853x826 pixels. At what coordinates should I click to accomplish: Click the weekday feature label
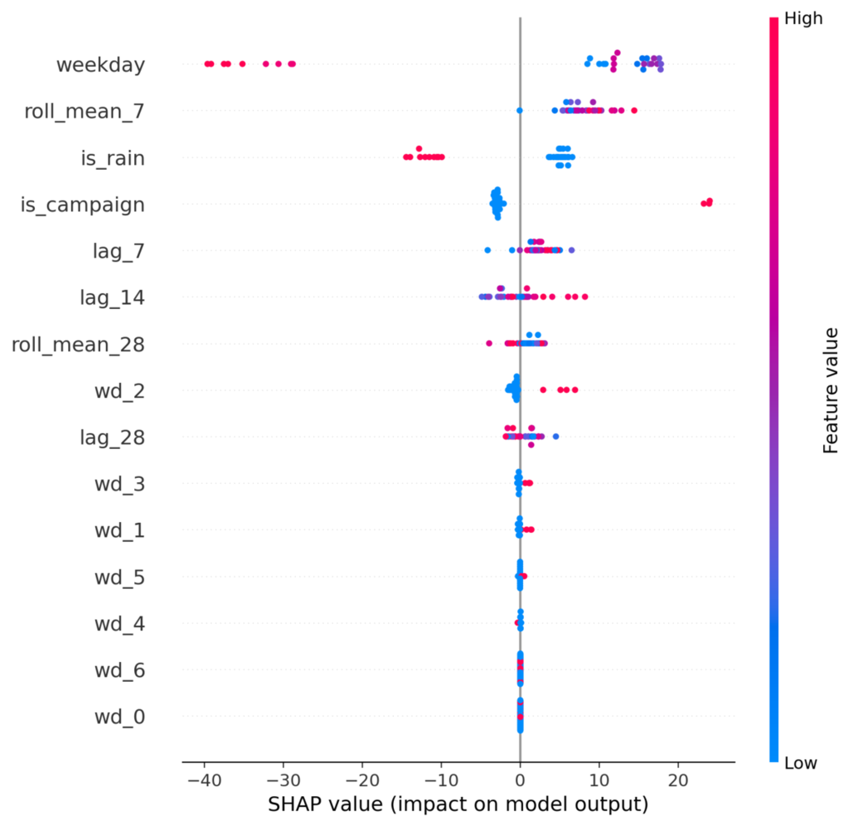(101, 65)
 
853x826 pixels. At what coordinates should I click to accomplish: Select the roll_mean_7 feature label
(84, 112)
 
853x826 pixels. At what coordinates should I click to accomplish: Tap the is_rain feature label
(112, 158)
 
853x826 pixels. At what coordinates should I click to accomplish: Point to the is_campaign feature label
(82, 205)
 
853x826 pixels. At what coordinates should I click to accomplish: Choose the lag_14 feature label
(112, 298)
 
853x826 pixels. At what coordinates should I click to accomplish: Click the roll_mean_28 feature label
(78, 345)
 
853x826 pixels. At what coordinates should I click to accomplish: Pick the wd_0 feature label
(120, 717)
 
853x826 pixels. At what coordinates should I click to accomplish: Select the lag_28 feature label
(112, 437)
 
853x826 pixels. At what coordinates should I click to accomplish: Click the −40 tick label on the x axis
(204, 781)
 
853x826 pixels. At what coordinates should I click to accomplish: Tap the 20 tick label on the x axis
(678, 781)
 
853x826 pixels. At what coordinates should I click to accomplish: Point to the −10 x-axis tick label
(441, 781)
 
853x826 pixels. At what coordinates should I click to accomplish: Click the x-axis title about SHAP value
(458, 804)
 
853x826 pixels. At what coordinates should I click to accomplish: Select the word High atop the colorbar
(804, 18)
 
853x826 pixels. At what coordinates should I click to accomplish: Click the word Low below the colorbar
(801, 763)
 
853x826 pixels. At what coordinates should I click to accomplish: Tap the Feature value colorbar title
(831, 391)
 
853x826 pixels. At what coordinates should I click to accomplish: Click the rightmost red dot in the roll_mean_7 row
(634, 111)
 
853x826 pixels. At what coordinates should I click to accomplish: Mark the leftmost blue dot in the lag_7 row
(487, 250)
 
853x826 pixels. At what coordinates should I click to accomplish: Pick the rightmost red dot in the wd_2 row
(575, 390)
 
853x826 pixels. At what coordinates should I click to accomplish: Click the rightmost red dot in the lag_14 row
(585, 296)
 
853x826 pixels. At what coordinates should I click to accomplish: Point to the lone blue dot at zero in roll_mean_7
(520, 111)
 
